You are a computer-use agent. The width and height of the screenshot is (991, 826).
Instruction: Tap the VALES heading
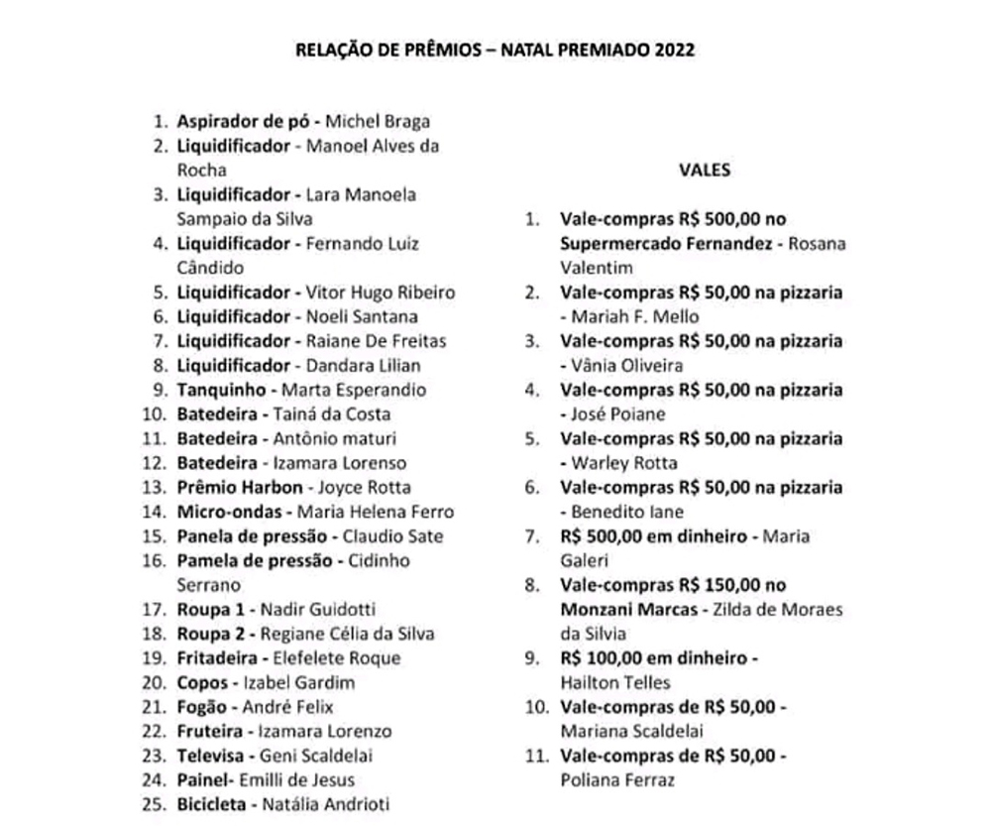pyautogui.click(x=705, y=170)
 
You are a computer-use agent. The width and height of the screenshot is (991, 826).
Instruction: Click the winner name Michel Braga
pyautogui.click(x=379, y=122)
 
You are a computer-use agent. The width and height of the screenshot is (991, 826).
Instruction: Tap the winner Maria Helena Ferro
pyautogui.click(x=383, y=512)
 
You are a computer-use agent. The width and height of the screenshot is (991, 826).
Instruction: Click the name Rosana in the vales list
pyautogui.click(x=817, y=244)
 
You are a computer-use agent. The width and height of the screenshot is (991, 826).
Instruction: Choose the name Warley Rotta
pyautogui.click(x=624, y=463)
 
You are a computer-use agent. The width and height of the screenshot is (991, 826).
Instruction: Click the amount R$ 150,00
pyautogui.click(x=716, y=585)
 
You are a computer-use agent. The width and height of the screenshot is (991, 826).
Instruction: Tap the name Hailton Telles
pyautogui.click(x=615, y=682)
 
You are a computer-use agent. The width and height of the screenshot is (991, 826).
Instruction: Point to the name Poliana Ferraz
pyautogui.click(x=617, y=780)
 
